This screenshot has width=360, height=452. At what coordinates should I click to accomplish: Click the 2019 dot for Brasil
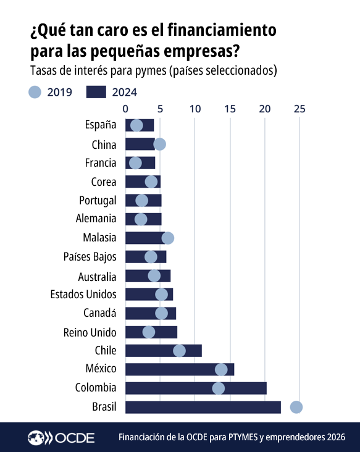(296, 407)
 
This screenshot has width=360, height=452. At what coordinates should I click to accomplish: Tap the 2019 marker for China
(159, 144)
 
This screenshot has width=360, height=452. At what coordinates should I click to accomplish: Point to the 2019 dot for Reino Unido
(149, 332)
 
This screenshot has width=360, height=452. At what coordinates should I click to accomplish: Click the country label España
(101, 125)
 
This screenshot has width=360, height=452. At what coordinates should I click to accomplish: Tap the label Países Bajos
(90, 257)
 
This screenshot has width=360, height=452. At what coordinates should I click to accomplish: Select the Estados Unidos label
(83, 295)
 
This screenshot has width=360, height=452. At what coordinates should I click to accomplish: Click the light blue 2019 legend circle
(35, 92)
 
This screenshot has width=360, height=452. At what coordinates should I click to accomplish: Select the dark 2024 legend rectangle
(96, 92)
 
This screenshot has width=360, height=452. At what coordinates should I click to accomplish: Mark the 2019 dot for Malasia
(167, 238)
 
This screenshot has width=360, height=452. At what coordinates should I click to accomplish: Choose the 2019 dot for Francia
(136, 163)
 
